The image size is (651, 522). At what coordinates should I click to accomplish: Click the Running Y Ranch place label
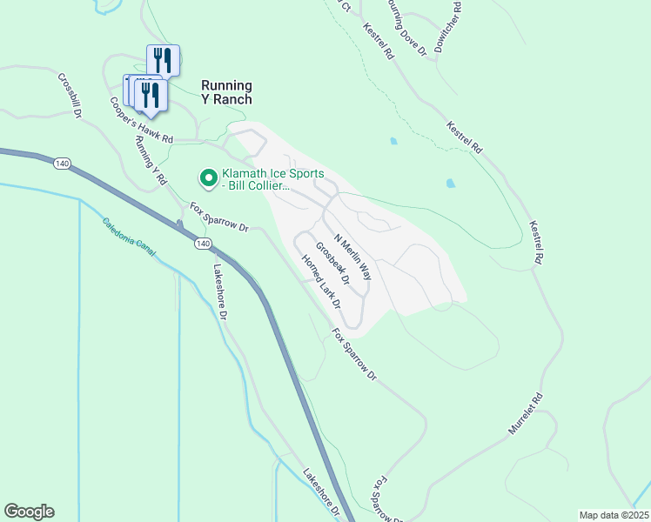226,92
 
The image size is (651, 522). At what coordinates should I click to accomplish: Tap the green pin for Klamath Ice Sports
209,178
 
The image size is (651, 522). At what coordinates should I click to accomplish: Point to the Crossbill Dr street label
70,95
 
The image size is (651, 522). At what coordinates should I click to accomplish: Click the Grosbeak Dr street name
332,264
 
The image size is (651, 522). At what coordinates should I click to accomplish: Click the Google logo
29,512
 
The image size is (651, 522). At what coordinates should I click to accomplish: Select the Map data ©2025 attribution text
614,515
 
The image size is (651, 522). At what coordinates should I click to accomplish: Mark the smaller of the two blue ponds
394,140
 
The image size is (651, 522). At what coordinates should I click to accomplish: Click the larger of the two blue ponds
450,184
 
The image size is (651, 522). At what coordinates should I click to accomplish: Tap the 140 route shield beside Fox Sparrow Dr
202,243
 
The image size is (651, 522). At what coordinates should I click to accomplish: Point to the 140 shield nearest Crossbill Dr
61,164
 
